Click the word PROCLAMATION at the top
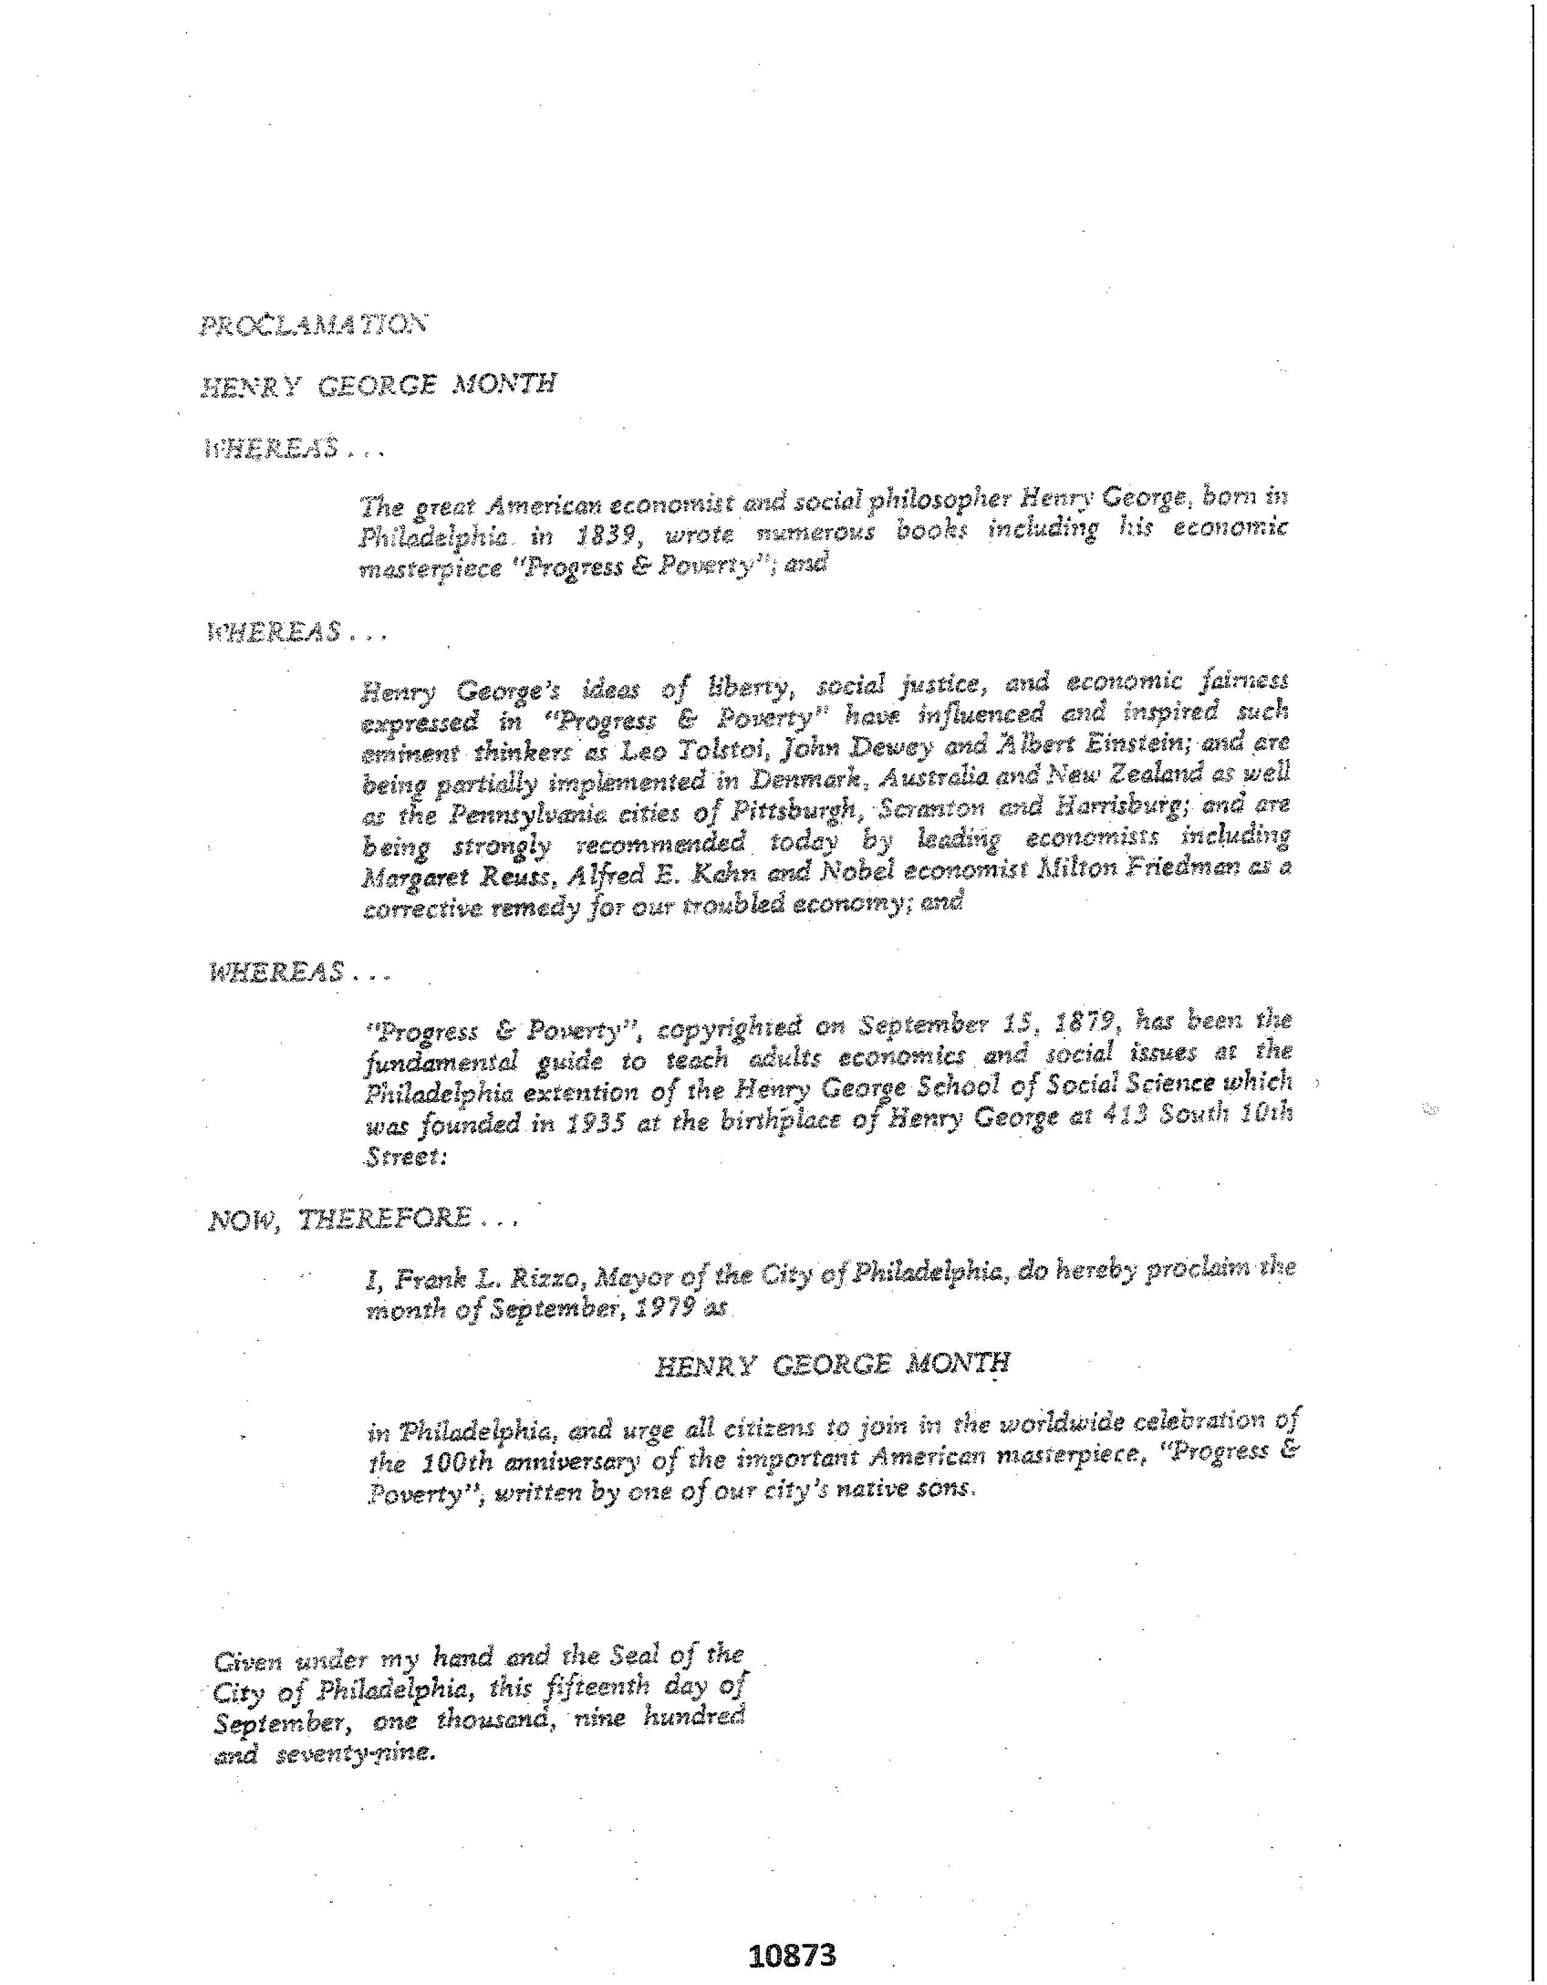click(312, 325)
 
